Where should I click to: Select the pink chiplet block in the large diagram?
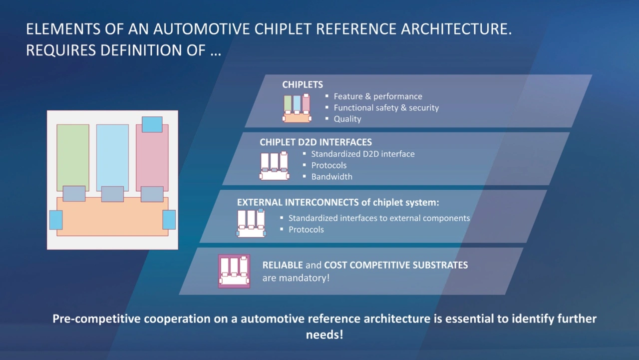pos(152,160)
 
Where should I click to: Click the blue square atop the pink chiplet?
pos(152,124)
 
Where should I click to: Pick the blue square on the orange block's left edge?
pos(56,220)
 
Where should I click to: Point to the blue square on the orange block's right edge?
pos(169,219)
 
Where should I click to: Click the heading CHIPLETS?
pos(303,84)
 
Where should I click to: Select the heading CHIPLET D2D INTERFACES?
pos(316,142)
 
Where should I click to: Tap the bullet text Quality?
pos(347,119)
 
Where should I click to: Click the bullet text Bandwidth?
pos(331,177)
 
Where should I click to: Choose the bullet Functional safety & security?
pos(386,107)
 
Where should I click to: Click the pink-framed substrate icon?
pos(234,271)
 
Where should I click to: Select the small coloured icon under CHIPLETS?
pos(297,108)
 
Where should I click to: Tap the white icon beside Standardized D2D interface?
pos(274,166)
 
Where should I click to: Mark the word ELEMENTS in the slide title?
pos(63,29)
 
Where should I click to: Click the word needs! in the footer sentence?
pos(324,335)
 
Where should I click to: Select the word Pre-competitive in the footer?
pos(96,319)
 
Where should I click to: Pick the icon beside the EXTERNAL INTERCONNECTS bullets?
pos(251,223)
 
